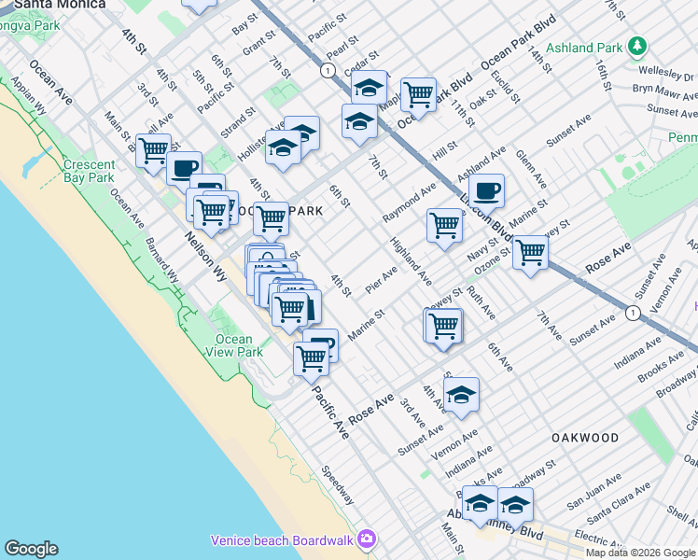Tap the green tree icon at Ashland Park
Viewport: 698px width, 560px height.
[636, 45]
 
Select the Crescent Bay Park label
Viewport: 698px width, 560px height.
[89, 171]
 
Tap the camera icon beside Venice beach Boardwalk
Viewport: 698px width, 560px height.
[367, 539]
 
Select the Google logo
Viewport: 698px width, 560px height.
[31, 549]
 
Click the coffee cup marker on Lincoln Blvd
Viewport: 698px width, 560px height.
[486, 191]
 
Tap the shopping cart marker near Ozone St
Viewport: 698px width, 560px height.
[530, 251]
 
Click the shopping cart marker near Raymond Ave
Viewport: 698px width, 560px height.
[444, 225]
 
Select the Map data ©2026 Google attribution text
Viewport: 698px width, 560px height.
[640, 553]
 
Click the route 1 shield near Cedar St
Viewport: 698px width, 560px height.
[328, 70]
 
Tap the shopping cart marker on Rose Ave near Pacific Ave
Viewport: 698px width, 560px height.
[311, 357]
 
